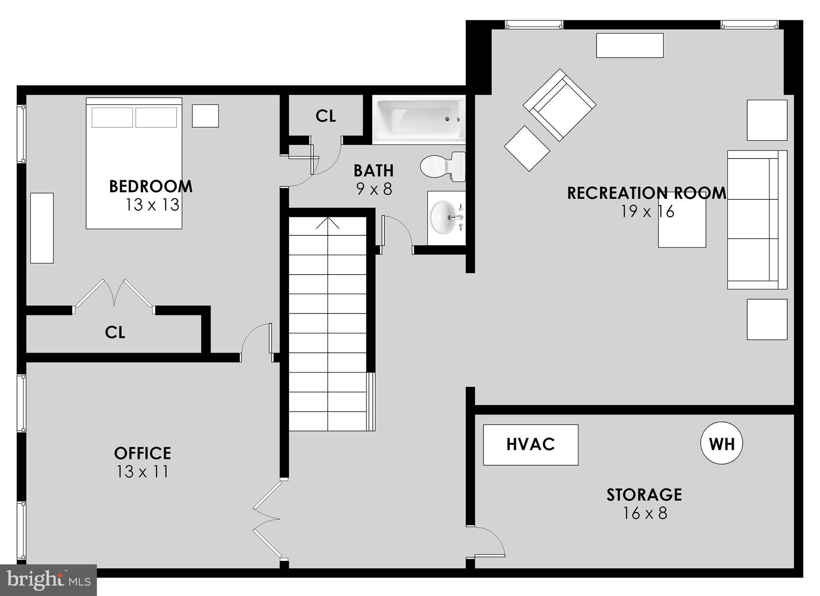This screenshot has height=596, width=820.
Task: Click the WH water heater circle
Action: coord(722,443)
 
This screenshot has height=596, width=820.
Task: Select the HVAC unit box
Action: coord(531,445)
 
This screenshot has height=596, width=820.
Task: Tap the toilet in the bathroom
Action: coord(442,166)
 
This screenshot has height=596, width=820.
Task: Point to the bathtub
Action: coord(418,119)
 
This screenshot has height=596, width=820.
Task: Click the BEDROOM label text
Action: coord(151,187)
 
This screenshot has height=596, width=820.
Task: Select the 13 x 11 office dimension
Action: coord(143,472)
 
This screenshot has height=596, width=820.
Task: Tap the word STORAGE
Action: coord(644,495)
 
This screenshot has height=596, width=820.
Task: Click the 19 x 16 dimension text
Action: coord(647,211)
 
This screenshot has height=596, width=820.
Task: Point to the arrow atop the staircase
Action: coord(328,223)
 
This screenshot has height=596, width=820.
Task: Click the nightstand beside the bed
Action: coord(205,116)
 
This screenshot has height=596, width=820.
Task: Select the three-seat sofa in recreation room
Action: coord(757,220)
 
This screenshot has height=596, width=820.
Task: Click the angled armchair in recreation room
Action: coord(559,105)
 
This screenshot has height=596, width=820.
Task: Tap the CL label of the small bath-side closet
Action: coord(326,116)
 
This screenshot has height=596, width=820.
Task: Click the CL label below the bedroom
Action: coord(115,332)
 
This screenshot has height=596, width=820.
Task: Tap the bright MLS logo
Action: coord(48,580)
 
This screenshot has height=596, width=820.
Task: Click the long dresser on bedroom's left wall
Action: coord(42,228)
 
